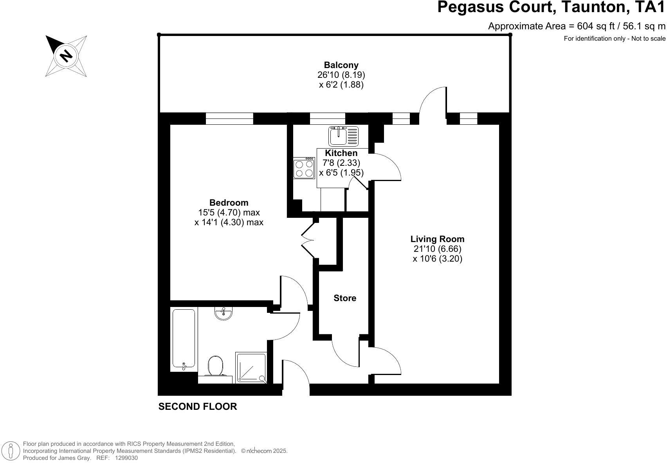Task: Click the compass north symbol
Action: click(x=66, y=56)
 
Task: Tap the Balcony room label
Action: click(x=341, y=65)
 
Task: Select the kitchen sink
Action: click(x=343, y=136)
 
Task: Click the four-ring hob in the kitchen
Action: click(x=304, y=168)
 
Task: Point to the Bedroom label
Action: click(x=229, y=203)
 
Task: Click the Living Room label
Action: click(x=437, y=239)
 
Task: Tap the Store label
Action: click(x=345, y=298)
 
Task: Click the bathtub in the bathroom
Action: click(x=184, y=339)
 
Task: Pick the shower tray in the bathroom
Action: click(x=251, y=368)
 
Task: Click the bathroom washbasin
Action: click(x=224, y=313)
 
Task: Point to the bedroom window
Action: click(x=229, y=118)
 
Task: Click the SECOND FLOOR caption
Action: click(x=197, y=406)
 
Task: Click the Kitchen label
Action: click(x=341, y=153)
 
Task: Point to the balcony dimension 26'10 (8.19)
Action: click(x=341, y=75)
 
